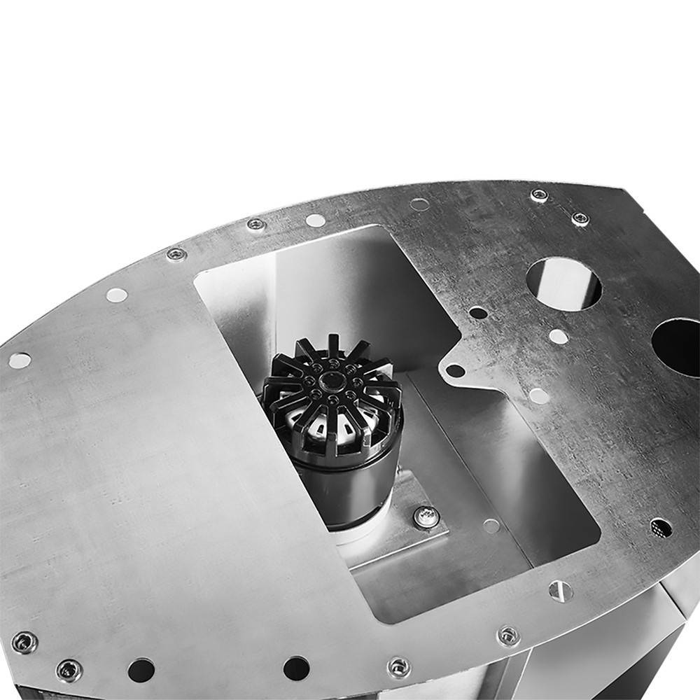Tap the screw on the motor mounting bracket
[x=426, y=517]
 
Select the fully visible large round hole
[x=563, y=283]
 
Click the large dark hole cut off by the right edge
[x=678, y=346]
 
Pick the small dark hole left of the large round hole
[x=478, y=312]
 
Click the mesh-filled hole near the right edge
[x=660, y=528]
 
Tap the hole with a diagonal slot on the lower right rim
[x=560, y=591]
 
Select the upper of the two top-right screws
[x=539, y=195]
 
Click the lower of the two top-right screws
[x=580, y=219]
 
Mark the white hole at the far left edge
[x=20, y=360]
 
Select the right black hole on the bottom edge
[x=296, y=667]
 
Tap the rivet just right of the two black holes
[x=400, y=666]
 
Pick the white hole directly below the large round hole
[x=558, y=336]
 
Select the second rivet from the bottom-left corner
[x=69, y=671]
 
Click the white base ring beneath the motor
[x=357, y=535]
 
